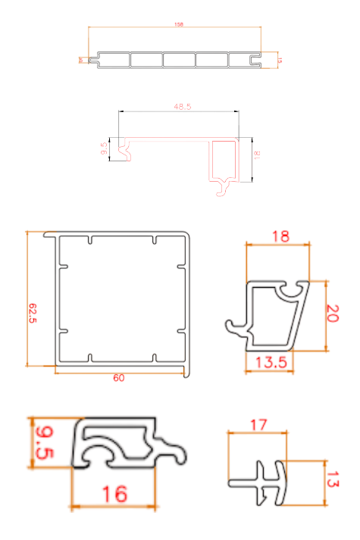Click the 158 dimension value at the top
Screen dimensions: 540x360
(x=179, y=25)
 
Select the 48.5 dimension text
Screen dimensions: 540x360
(x=182, y=107)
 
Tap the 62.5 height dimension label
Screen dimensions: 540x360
(x=33, y=313)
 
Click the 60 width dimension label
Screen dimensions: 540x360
(x=119, y=378)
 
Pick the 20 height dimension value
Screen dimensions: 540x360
(x=331, y=314)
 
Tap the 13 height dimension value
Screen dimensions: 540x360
(x=333, y=479)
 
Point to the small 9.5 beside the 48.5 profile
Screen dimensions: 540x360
(x=104, y=148)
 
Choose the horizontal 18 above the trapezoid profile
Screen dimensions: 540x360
(x=280, y=237)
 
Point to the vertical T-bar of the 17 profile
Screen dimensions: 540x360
(x=279, y=482)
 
